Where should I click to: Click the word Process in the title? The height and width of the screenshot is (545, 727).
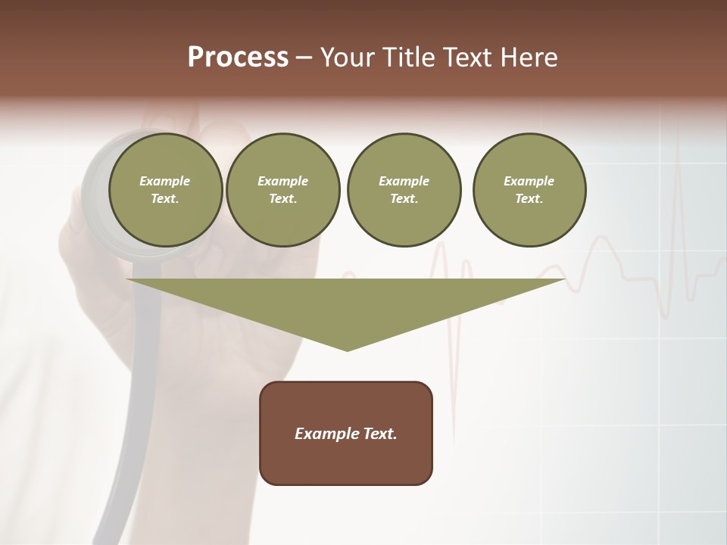point(238,58)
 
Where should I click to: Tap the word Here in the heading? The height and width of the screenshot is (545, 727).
point(527,58)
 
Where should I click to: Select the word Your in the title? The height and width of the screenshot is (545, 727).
point(350,58)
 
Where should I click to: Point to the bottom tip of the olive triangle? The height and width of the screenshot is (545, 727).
point(347,350)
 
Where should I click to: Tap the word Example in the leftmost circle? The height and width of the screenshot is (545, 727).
point(165,181)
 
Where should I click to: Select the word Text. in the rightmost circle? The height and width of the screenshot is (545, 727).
point(529,198)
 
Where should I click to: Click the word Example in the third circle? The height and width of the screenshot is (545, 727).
point(404,181)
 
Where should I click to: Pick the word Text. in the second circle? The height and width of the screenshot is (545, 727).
point(282,198)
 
